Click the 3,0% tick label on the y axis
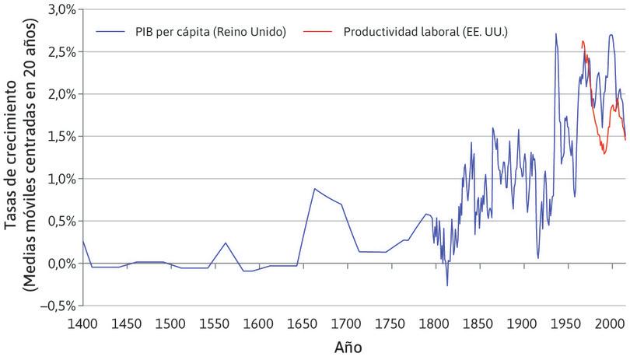point(61,9)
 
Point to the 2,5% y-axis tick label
point(61,51)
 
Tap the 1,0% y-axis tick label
point(61,178)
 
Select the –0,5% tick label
point(58,305)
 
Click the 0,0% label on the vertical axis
point(61,263)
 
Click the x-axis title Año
point(348,346)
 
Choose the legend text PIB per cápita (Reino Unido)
point(203,31)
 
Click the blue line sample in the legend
point(109,31)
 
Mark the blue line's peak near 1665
point(314,188)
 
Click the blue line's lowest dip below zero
point(447,285)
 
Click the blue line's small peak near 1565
point(226,243)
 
